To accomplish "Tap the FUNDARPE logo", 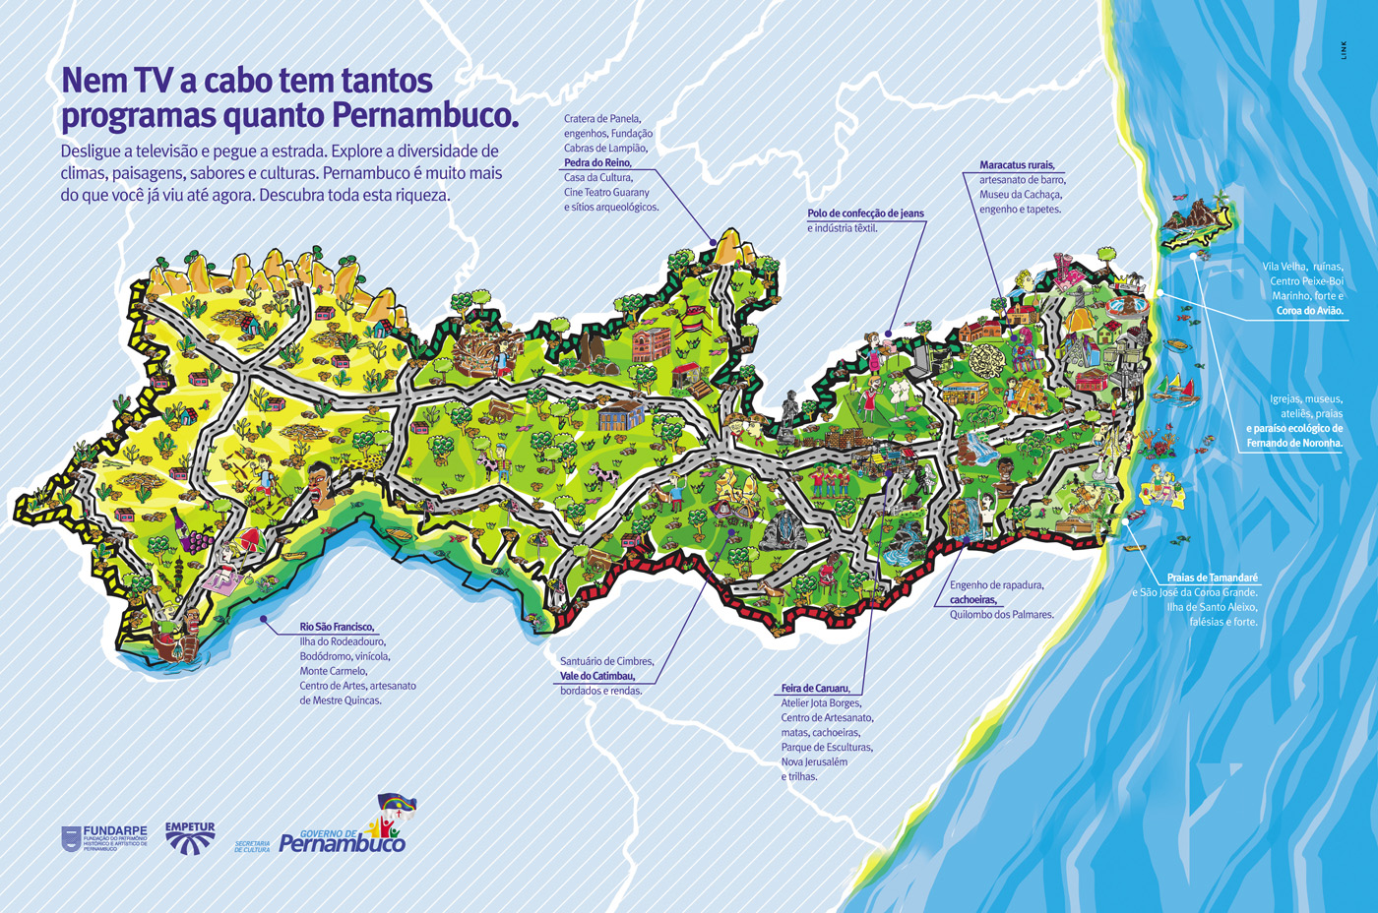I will click(104, 838).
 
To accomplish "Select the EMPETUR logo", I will click(190, 838).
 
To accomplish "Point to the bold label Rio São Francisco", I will click(337, 627).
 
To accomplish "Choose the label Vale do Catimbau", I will click(597, 676).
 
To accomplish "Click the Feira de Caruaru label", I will click(815, 689).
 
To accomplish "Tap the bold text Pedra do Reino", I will click(597, 163).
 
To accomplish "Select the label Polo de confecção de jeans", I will click(865, 213).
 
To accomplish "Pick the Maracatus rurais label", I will click(1017, 165).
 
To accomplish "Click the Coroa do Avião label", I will click(1309, 311).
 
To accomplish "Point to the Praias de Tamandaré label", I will click(1212, 578).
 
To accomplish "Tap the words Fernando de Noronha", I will click(1294, 443).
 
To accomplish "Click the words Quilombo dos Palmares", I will click(1001, 615).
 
